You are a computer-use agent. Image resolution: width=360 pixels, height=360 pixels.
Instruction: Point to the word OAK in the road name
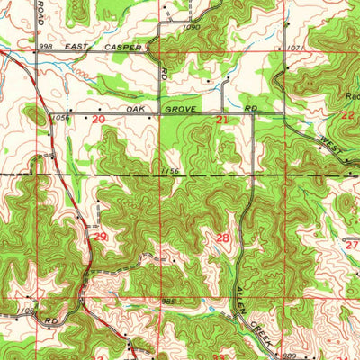[x=135, y=109]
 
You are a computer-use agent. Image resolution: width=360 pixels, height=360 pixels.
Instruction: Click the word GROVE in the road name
[x=177, y=109]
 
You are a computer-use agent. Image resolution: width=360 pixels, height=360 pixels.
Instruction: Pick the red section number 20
[x=98, y=118]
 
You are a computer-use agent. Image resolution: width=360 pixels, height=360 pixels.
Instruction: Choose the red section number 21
[x=221, y=119]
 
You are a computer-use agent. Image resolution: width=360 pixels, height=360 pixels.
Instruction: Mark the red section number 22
[x=347, y=116]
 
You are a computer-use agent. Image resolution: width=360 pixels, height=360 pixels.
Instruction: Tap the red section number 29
[x=101, y=236]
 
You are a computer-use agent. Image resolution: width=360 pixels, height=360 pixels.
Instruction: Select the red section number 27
[x=351, y=243]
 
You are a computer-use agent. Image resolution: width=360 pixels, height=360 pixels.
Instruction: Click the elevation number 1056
[x=62, y=116]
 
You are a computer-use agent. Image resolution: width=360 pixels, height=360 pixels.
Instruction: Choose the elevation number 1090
[x=191, y=27]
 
